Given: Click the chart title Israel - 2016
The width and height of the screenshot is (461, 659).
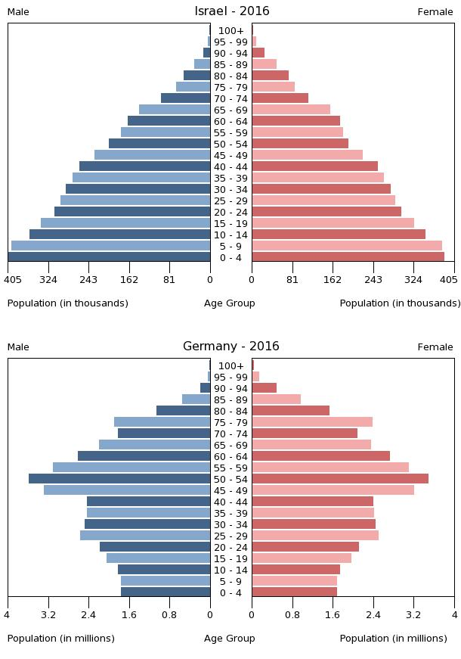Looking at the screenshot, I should [231, 11].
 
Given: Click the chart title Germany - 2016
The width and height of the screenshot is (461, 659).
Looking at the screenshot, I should [231, 347].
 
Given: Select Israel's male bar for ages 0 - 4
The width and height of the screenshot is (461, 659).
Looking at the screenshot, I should [109, 257].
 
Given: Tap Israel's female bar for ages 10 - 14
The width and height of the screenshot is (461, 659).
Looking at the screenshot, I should [339, 235].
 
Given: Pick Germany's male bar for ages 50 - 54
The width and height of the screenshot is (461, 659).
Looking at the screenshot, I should [119, 479].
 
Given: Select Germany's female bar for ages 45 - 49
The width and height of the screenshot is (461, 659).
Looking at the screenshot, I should [333, 490].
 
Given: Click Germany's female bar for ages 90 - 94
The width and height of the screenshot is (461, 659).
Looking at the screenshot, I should [264, 388].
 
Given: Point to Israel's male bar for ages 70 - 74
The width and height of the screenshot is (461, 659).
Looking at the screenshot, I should [185, 98].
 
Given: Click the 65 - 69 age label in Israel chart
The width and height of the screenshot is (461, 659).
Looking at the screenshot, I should [231, 110].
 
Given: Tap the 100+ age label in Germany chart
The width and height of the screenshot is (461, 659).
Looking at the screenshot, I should [231, 366].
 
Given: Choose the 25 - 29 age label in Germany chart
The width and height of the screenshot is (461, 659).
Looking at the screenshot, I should [231, 536].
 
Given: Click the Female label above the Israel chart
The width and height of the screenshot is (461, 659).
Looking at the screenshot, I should [435, 12].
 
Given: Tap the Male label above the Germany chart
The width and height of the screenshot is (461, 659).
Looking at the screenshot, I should [18, 347].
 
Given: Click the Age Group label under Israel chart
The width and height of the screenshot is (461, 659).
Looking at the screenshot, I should [230, 303].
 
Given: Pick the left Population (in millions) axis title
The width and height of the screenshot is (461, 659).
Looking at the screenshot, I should [61, 639].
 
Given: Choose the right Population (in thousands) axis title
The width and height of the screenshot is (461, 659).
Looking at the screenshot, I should [400, 303].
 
